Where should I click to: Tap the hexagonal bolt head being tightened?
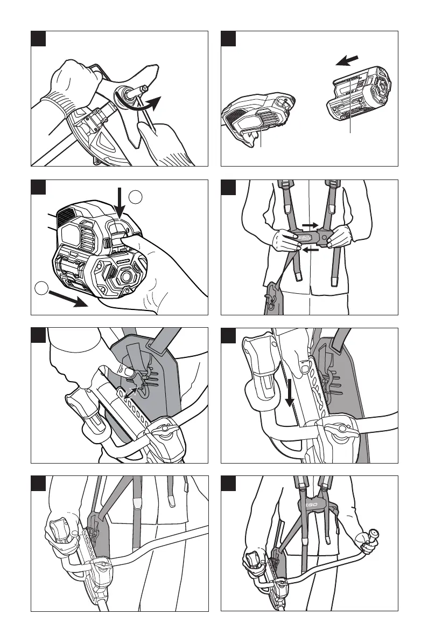pyautogui.click(x=146, y=88)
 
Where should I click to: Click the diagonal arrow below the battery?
pyautogui.click(x=67, y=299)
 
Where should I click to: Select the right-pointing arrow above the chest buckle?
pyautogui.click(x=310, y=224)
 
